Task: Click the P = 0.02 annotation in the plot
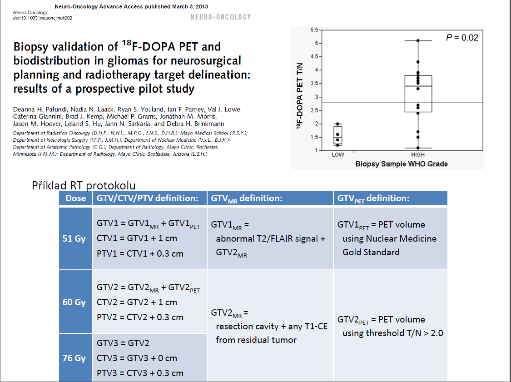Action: coord(462,38)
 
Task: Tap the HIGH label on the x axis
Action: coord(417,155)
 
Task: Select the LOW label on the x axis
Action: coord(338,155)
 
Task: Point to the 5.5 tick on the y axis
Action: coord(314,30)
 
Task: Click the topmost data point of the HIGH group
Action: coord(418,41)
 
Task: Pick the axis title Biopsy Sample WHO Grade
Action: coord(401,164)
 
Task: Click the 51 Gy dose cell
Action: coord(74,238)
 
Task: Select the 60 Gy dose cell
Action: coord(74,302)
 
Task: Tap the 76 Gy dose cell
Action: coord(74,358)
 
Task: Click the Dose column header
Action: coord(75,198)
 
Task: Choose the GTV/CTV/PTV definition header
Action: coord(147,198)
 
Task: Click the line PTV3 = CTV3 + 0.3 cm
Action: coord(140,373)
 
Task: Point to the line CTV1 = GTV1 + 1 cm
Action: coord(137,238)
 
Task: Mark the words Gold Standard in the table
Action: coord(371,252)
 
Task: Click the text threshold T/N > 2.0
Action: coord(393,333)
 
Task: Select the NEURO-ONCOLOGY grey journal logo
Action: coord(221,17)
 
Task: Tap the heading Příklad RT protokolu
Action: coord(84,185)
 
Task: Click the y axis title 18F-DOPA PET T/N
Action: coord(300,95)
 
